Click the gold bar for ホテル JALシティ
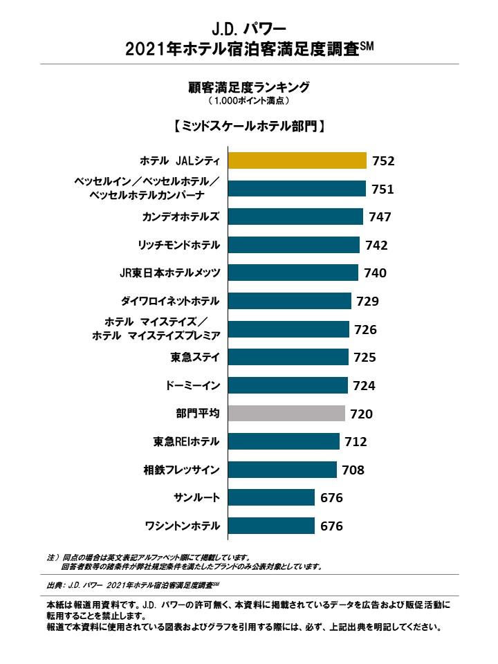297,160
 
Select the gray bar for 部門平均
286,414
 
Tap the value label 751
382,189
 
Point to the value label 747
380,217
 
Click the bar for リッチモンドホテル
293,245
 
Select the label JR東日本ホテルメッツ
169,273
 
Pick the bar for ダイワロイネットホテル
289,301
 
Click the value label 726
365,329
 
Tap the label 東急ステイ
195,358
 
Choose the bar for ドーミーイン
287,385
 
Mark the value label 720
361,414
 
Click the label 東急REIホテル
186,442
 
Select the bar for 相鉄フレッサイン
282,470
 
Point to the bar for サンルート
270,498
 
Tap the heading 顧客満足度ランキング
248,87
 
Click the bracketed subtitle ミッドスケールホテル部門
248,127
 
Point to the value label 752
382,161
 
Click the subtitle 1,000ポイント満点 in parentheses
248,101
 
